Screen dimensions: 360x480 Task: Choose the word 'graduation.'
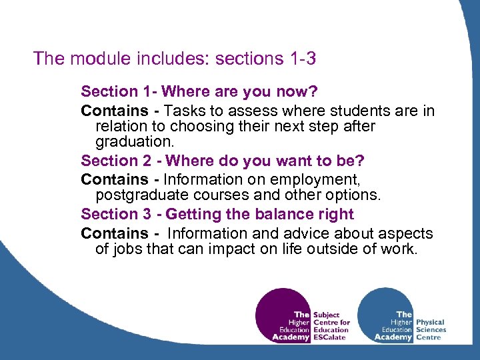pos(135,142)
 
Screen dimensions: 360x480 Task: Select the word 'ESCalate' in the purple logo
pos(331,337)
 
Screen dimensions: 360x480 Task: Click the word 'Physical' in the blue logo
pos(430,322)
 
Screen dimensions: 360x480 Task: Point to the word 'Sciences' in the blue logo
pos(431,330)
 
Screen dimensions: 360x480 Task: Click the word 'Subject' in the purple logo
pos(326,315)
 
